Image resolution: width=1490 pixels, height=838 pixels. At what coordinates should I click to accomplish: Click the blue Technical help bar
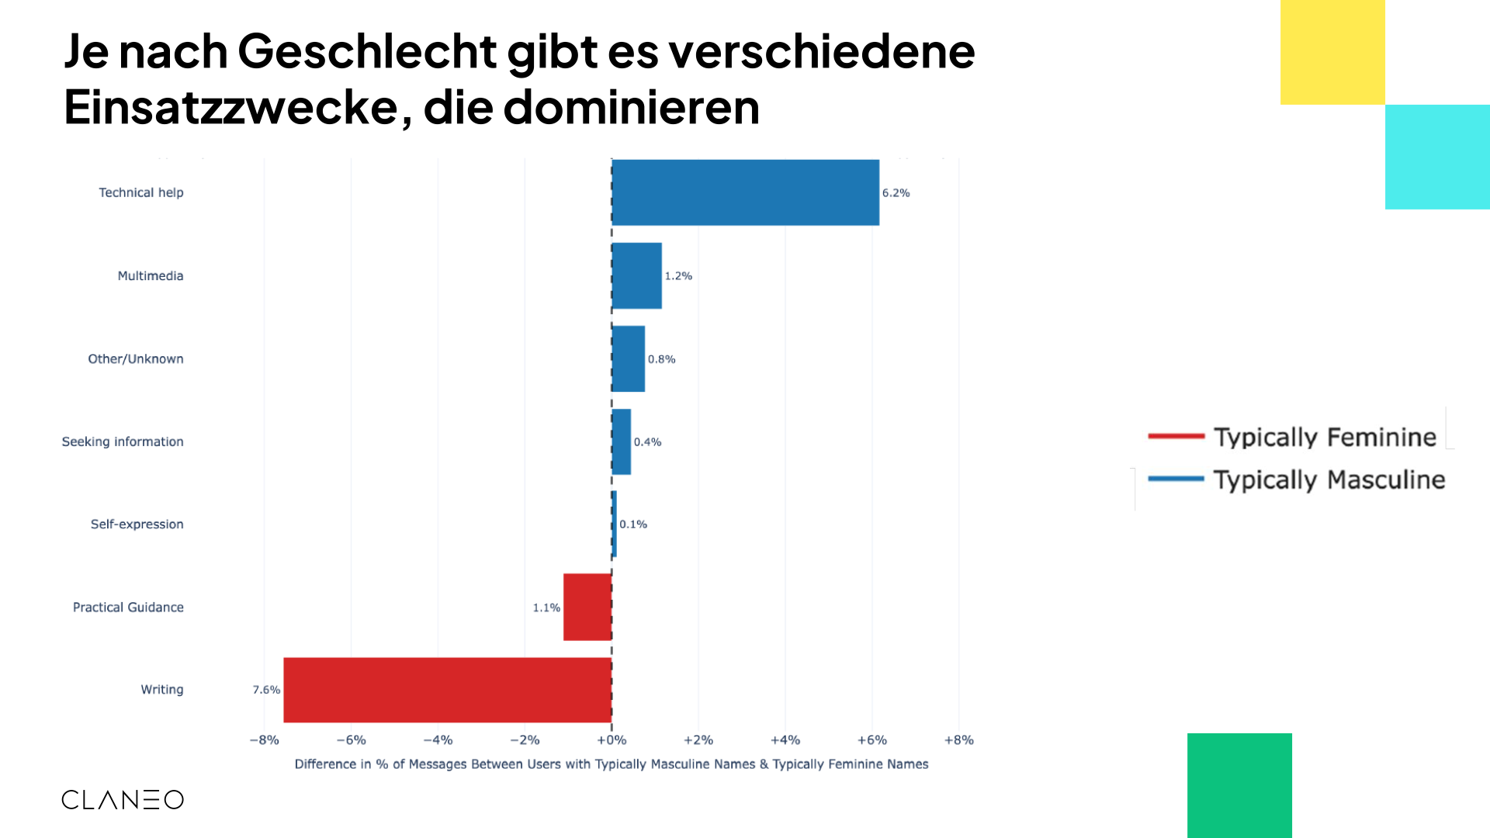(x=745, y=192)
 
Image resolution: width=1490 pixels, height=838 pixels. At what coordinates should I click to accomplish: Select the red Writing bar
(x=448, y=690)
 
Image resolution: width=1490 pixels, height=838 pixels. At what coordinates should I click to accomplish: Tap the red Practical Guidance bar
(x=587, y=607)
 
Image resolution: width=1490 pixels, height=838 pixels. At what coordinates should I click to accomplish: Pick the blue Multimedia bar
(x=637, y=275)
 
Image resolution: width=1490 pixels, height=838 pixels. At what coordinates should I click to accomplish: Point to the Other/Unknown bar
(x=629, y=358)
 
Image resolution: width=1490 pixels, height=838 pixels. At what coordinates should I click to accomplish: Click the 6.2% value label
(x=896, y=192)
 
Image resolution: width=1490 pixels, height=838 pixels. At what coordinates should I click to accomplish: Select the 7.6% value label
(x=266, y=690)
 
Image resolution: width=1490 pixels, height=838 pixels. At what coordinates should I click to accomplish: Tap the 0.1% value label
(x=633, y=525)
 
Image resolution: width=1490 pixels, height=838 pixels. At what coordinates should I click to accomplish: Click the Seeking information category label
(x=123, y=442)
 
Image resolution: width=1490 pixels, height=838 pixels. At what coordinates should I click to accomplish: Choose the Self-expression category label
(x=137, y=525)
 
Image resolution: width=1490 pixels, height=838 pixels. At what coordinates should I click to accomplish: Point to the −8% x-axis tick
(x=264, y=740)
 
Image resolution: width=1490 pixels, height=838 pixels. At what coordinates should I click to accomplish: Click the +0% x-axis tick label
(x=612, y=740)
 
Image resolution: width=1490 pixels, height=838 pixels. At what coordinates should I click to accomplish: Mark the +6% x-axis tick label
(x=871, y=740)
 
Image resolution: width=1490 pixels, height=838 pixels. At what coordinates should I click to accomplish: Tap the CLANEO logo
(x=123, y=799)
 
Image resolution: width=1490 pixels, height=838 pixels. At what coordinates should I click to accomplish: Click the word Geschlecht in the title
(x=368, y=51)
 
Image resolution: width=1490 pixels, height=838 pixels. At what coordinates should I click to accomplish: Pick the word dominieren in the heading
(x=631, y=107)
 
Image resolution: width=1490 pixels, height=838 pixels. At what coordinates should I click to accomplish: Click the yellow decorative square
(x=1332, y=52)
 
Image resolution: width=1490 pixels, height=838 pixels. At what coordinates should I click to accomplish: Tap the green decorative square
(x=1239, y=785)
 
